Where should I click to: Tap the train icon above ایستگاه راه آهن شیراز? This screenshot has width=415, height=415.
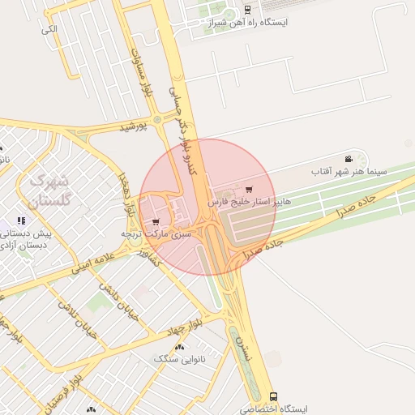click(x=246, y=11)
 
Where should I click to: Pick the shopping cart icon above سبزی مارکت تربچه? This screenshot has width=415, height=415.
click(x=156, y=221)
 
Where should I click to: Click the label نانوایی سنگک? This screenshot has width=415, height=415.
click(x=179, y=357)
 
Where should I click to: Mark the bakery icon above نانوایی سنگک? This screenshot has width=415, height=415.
click(x=179, y=347)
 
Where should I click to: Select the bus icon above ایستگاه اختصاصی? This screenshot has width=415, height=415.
click(x=273, y=397)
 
